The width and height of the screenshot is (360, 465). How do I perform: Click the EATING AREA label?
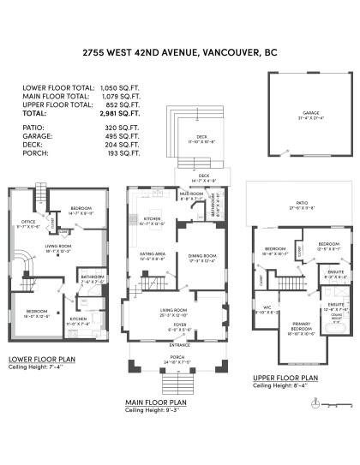[x=153, y=254]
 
